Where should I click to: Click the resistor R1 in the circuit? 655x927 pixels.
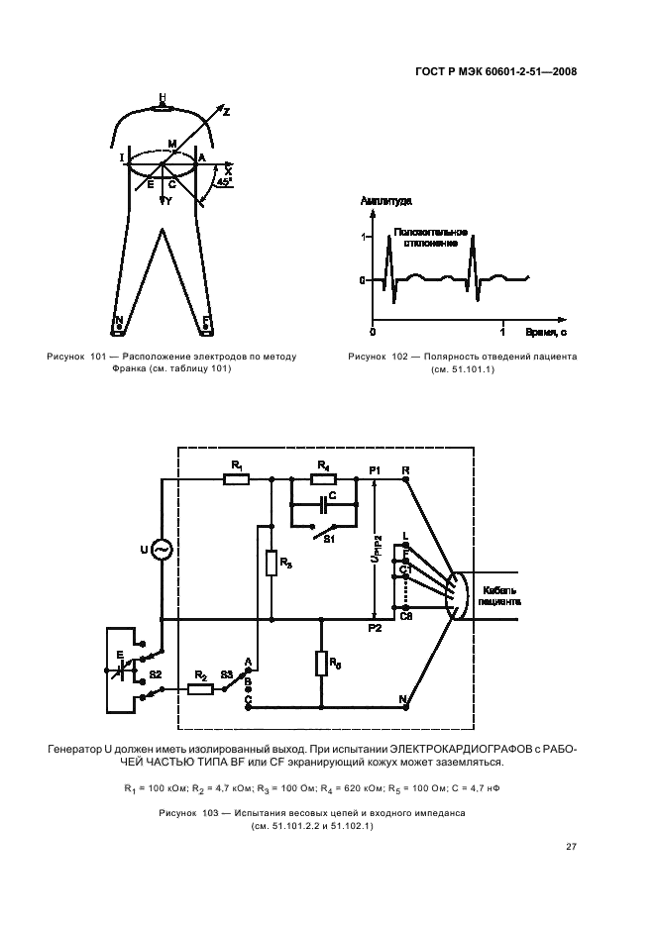coord(236,479)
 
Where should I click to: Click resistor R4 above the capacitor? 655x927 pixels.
coord(323,479)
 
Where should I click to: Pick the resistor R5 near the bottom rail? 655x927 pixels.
coord(321,663)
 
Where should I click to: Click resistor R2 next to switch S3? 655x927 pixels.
coord(200,690)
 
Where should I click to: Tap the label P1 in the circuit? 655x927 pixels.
coord(375,469)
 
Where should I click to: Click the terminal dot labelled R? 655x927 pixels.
coord(405,479)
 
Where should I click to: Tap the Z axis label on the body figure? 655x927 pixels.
coord(226,113)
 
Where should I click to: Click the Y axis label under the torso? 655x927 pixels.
coord(168,201)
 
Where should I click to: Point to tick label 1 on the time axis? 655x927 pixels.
coord(502,328)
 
